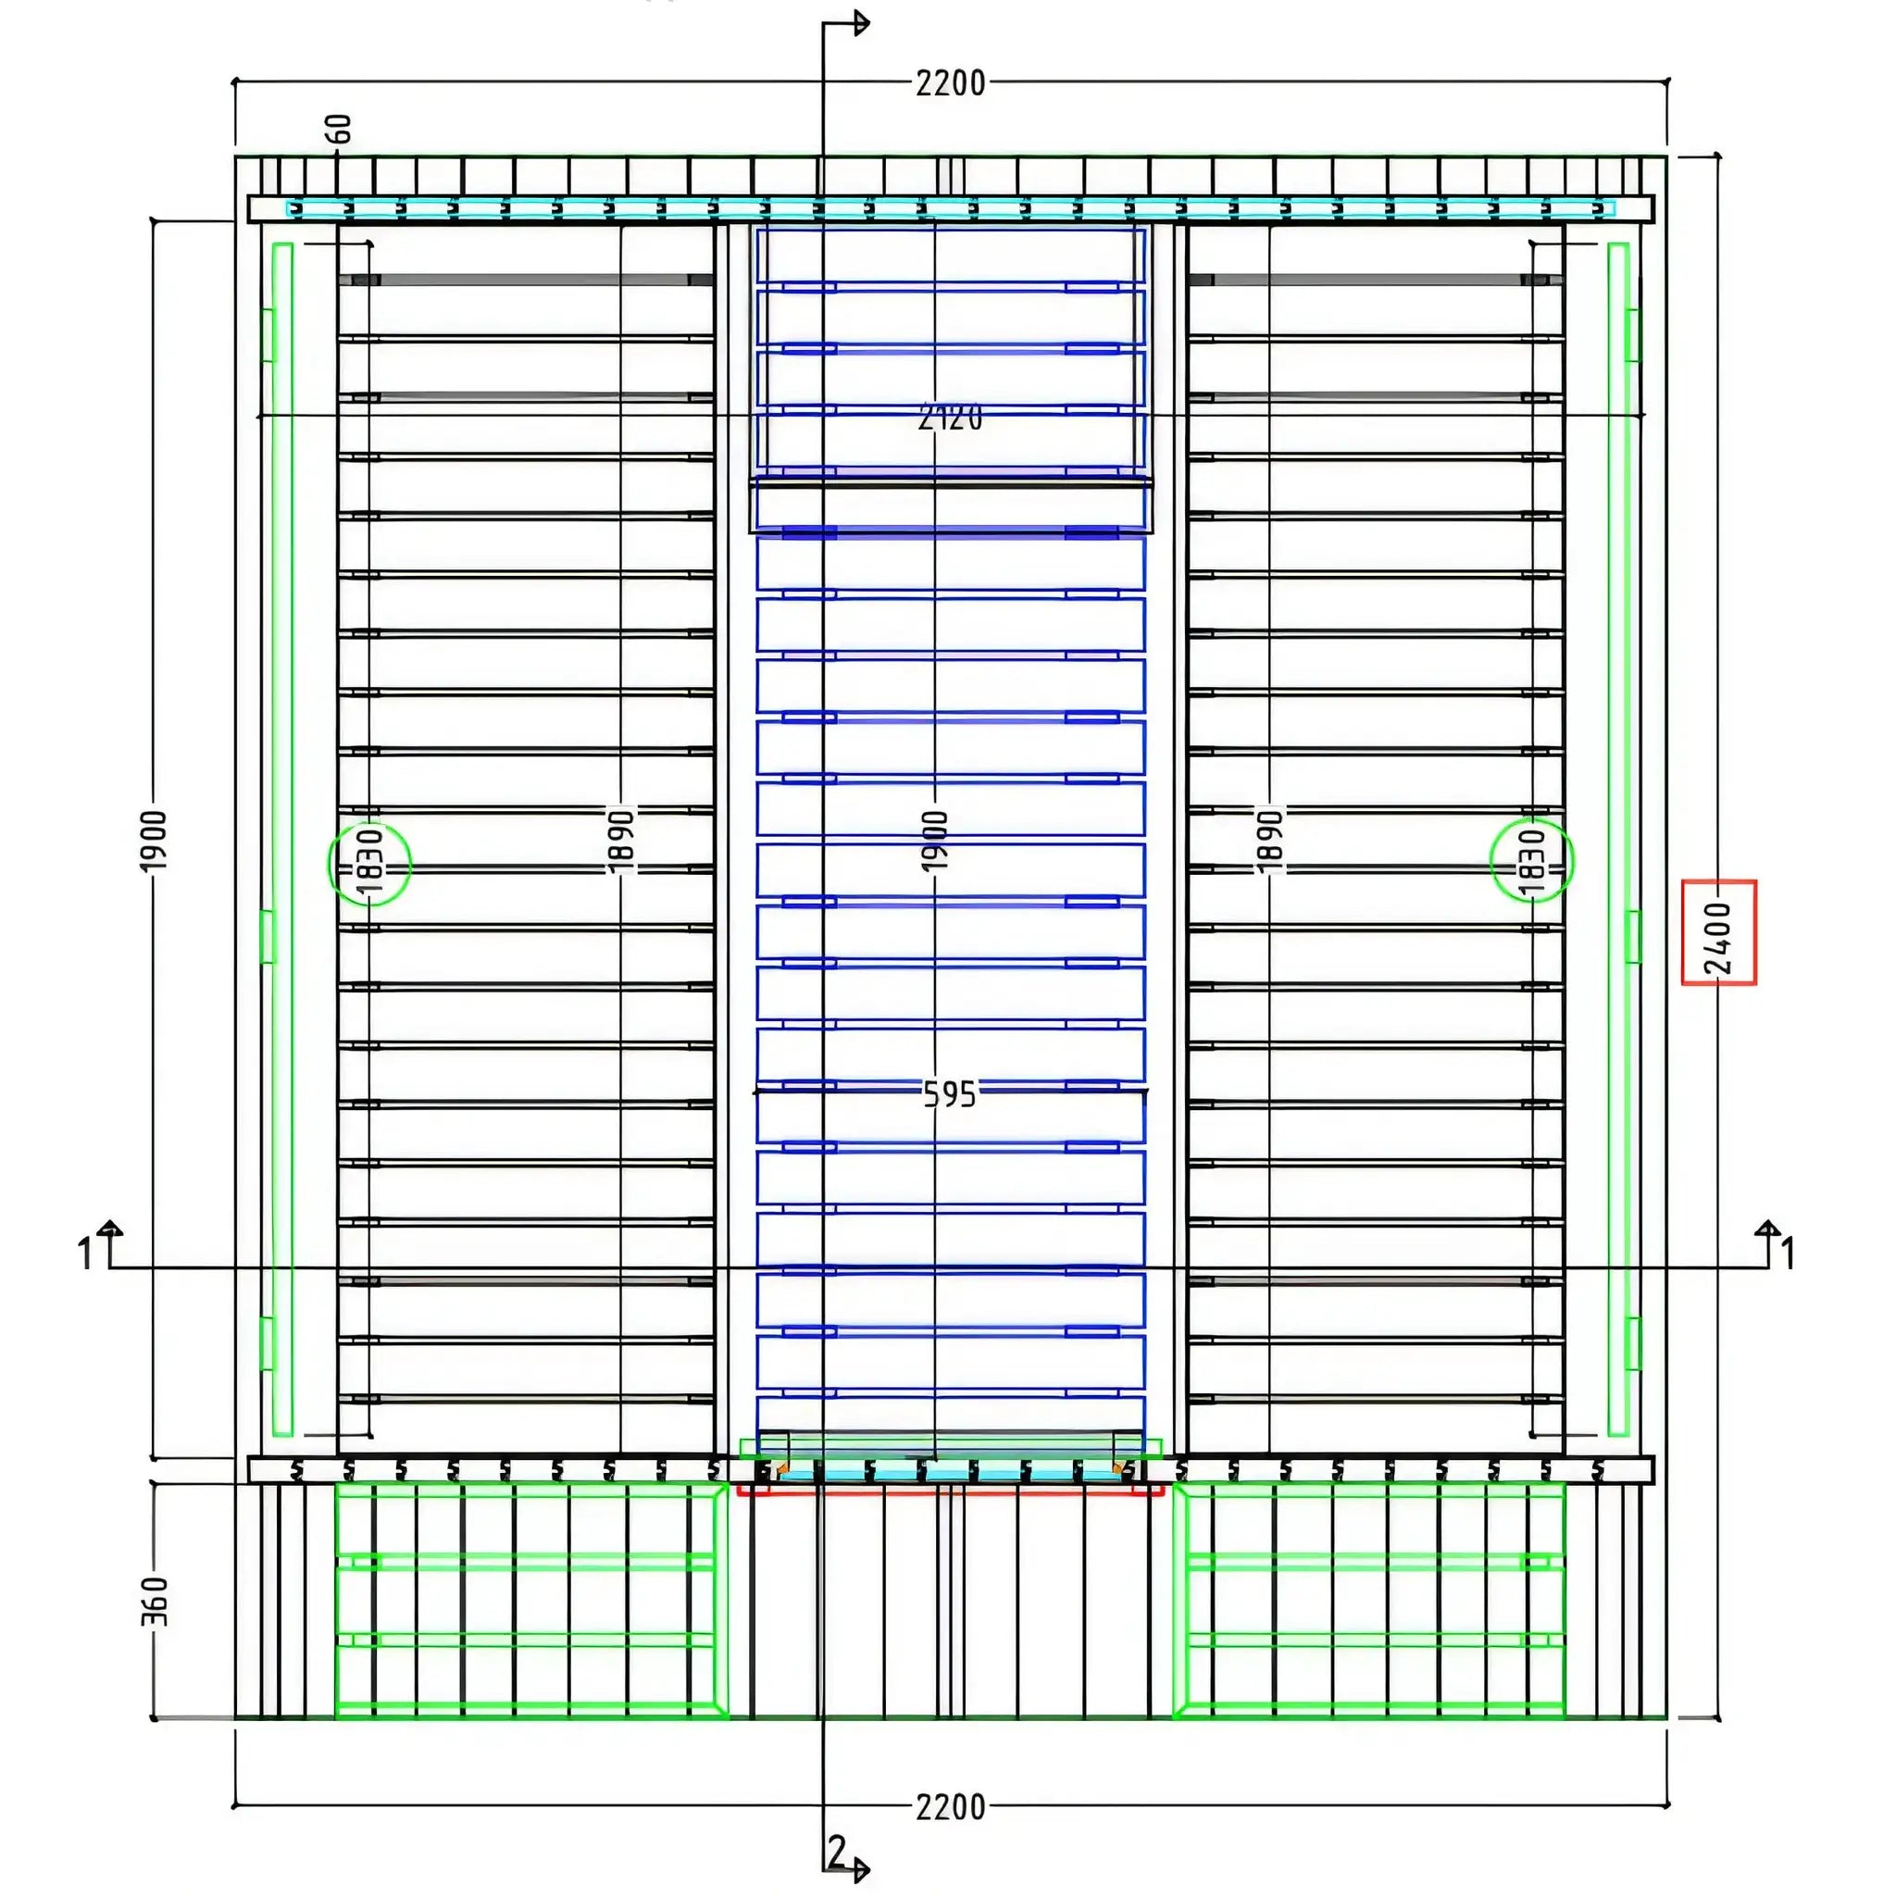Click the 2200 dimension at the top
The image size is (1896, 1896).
coord(950,83)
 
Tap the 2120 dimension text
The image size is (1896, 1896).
coord(950,418)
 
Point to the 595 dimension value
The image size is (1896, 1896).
coord(950,1093)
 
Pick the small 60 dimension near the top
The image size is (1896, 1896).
coord(339,129)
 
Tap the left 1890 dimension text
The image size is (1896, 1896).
coord(621,840)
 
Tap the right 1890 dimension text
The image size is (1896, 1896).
coord(1269,840)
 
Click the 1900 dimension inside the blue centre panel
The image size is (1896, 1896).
coord(935,840)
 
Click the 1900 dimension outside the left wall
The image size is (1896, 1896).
coord(155,840)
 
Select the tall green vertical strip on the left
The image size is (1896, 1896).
coord(282,839)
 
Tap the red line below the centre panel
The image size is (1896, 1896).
coord(950,1493)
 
